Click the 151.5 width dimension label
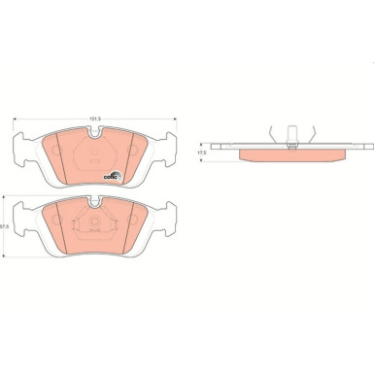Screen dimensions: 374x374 [94, 120]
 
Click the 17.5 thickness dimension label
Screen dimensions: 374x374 [202, 153]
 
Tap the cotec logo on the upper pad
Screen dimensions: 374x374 [112, 175]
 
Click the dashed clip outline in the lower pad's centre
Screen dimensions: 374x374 [94, 229]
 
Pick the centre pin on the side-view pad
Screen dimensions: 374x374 [291, 136]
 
